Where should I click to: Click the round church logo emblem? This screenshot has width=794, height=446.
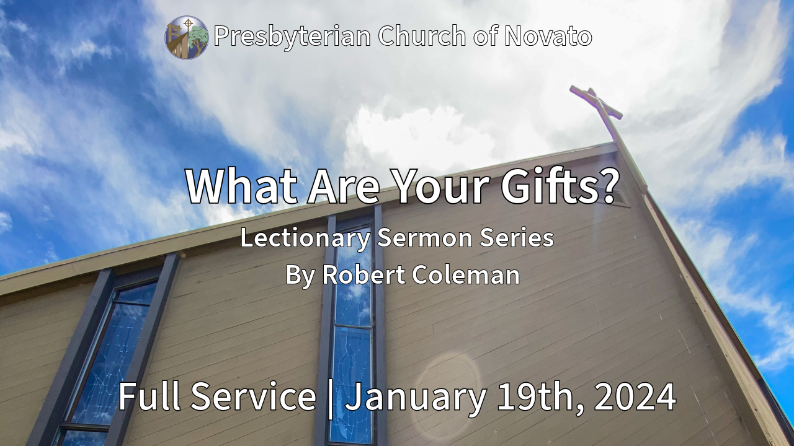tap(187, 38)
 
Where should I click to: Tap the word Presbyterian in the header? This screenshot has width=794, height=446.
tap(292, 37)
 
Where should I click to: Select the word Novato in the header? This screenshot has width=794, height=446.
tap(548, 36)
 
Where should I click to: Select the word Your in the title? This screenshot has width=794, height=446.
tap(441, 186)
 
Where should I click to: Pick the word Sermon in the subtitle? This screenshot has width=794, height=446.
tap(425, 238)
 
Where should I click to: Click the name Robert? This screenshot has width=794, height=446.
tap(364, 274)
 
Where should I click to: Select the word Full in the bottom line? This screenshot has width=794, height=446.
tap(149, 396)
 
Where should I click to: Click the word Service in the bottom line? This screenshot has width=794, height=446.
tap(253, 396)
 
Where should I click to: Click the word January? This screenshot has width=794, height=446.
tap(416, 398)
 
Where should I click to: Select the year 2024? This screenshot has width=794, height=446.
tap(635, 397)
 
